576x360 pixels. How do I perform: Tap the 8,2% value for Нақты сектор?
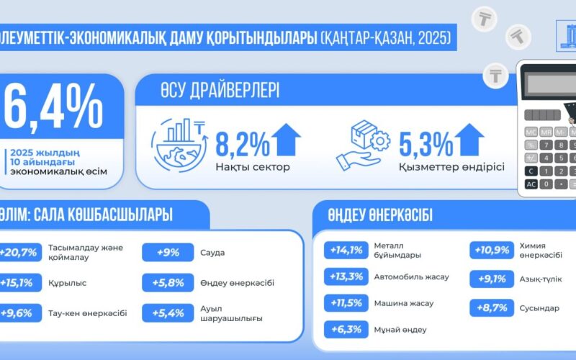point(241,142)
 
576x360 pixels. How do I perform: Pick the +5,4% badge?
point(170,313)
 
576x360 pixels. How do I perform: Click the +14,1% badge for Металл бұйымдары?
point(346,251)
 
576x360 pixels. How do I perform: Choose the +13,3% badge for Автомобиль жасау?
point(346,276)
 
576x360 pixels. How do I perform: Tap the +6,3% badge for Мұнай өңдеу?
point(346,329)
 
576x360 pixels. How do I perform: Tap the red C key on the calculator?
point(531,171)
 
